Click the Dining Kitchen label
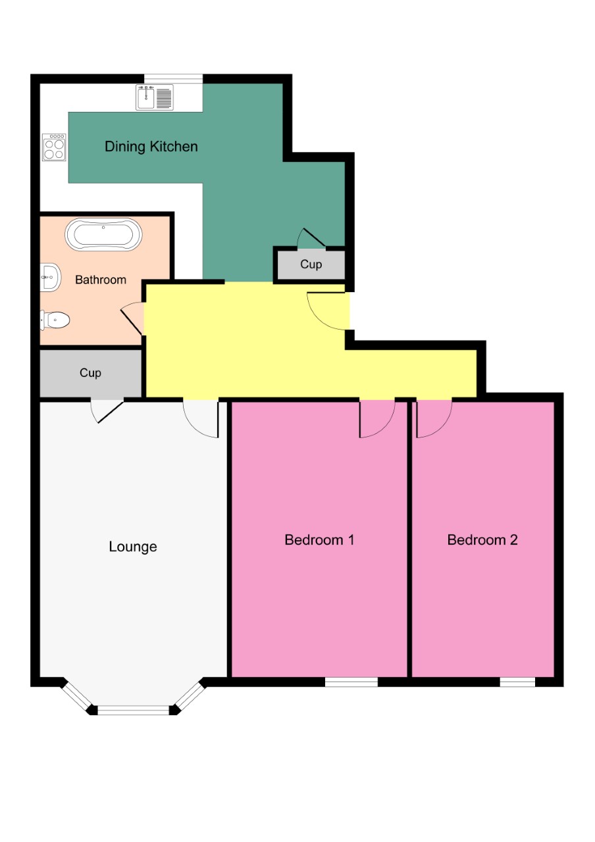point(151,146)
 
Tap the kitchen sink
point(155,97)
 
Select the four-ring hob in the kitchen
point(54,147)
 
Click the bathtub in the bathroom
point(103,235)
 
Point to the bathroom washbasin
point(49,278)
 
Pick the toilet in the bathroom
point(55,320)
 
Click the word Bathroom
point(100,280)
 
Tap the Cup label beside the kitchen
point(311,264)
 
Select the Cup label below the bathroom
point(90,373)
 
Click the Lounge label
point(132,547)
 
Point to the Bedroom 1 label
point(319,540)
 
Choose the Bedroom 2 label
point(482,540)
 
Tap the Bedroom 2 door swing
point(432,418)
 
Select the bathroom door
point(133,318)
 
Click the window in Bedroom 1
point(351,682)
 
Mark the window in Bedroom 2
point(517,682)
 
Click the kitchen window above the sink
point(174,79)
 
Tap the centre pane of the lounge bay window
point(134,710)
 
